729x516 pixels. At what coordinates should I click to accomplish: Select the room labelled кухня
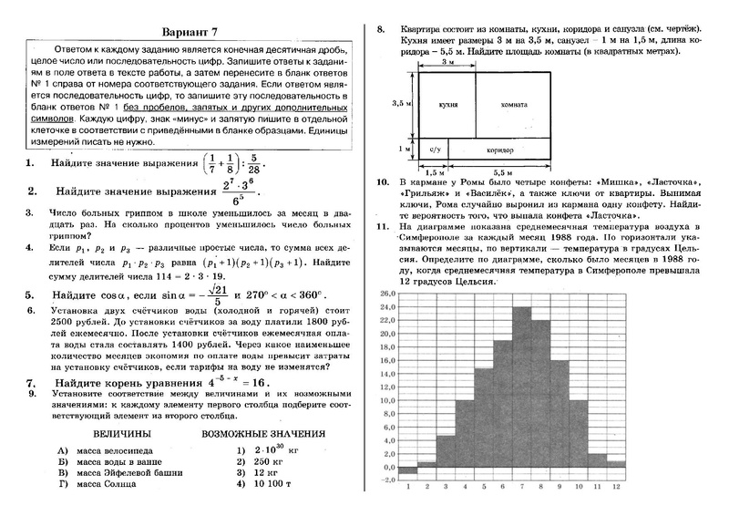(x=447, y=105)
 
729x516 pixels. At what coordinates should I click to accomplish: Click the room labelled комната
(x=514, y=105)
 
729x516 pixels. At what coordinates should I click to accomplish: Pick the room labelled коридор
(x=500, y=148)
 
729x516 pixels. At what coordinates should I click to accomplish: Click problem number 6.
(x=30, y=310)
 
